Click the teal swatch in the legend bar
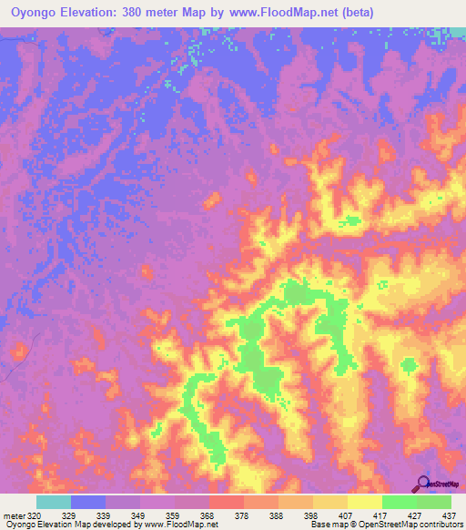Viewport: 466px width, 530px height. [54, 502]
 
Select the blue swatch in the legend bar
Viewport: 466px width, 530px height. [88, 502]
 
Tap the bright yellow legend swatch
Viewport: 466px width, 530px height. [365, 502]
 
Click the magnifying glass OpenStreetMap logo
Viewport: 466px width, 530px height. [424, 484]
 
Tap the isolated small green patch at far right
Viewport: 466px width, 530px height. [409, 365]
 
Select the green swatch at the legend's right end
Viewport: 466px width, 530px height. [434, 502]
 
